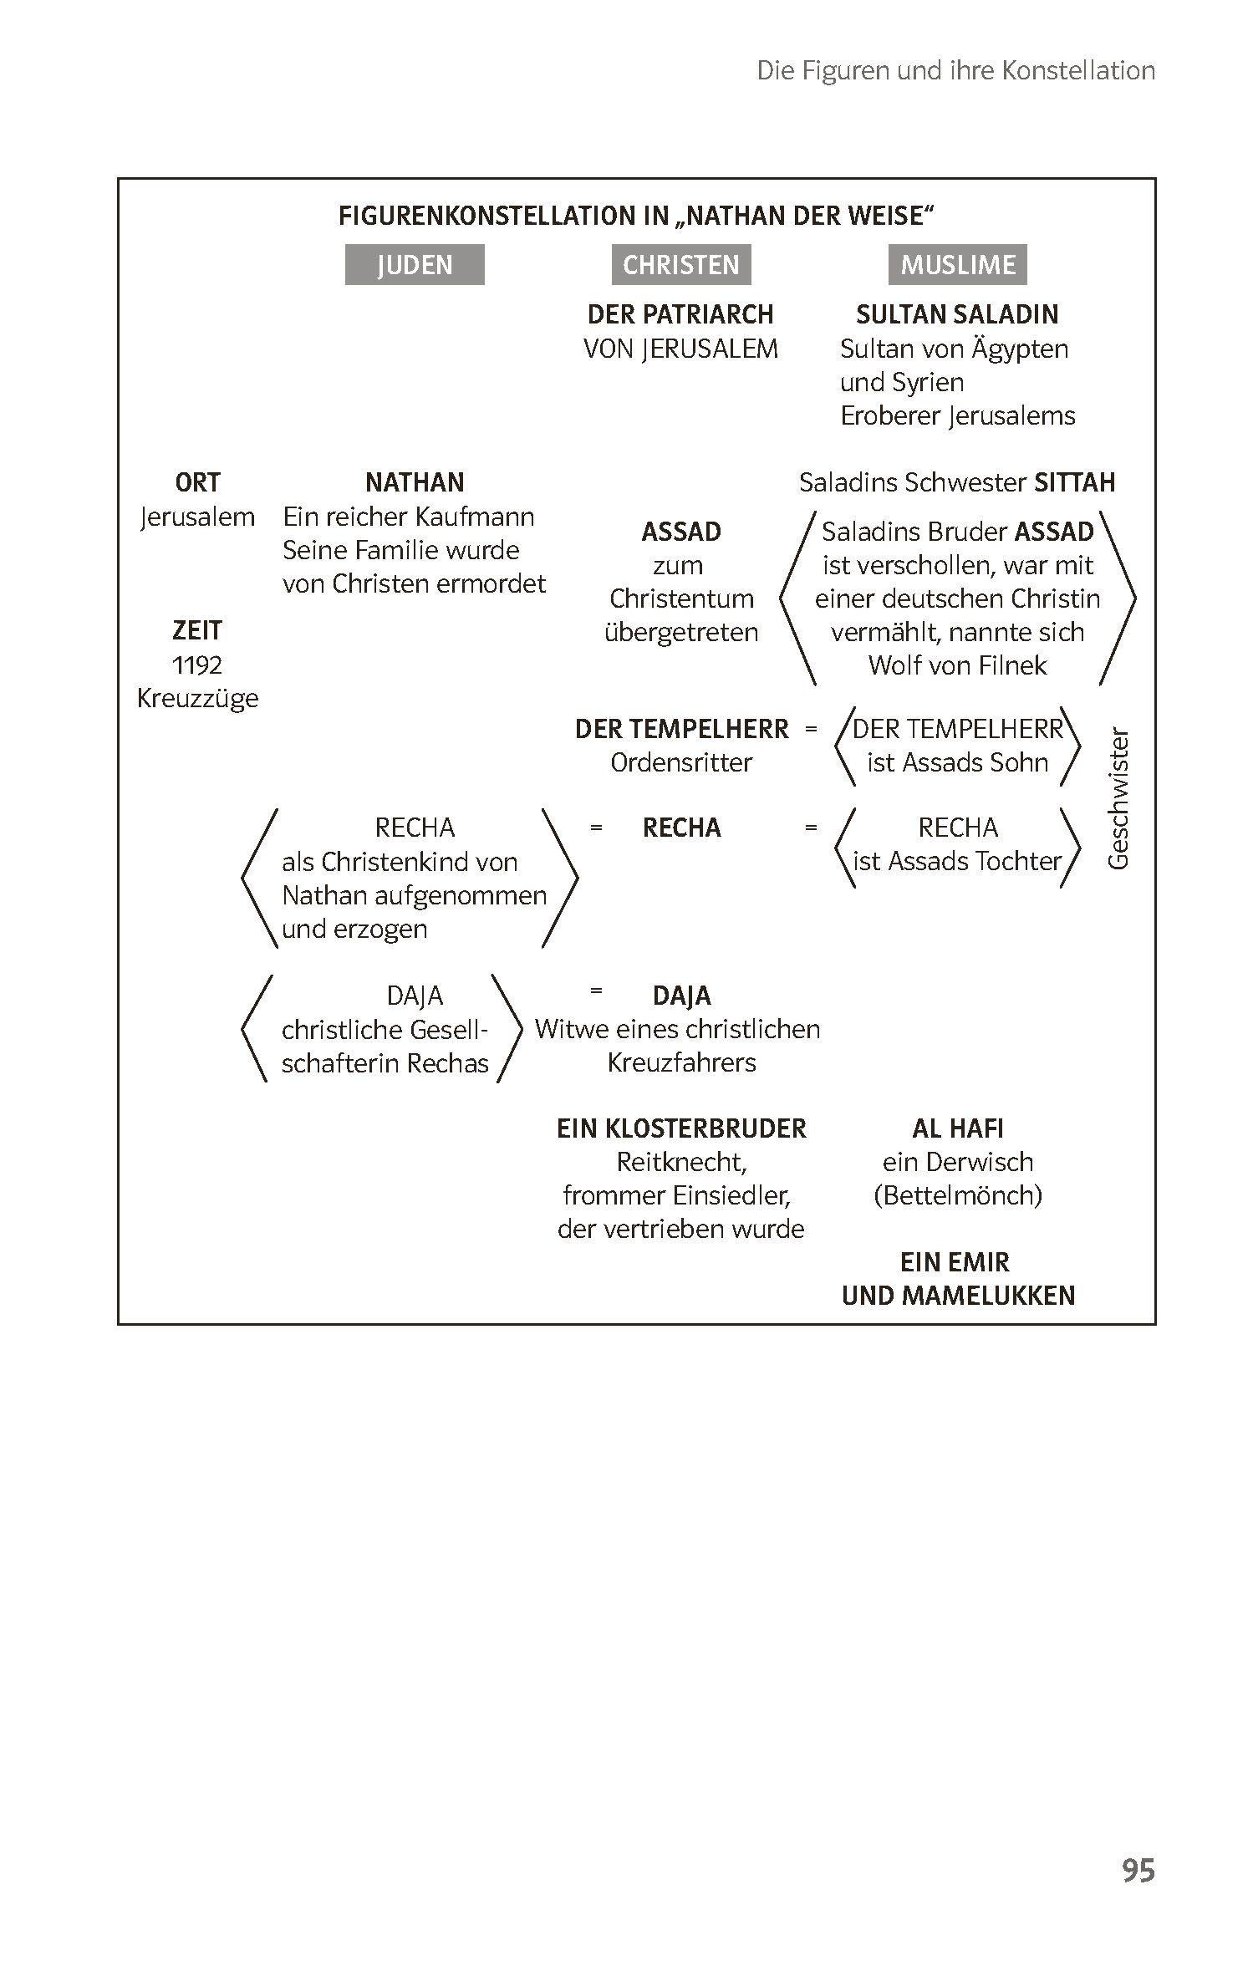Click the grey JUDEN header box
click(x=415, y=265)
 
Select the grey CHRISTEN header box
click(x=680, y=265)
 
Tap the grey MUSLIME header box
click(x=957, y=265)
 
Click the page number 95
click(x=1138, y=1870)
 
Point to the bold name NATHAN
click(x=415, y=482)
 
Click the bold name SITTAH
click(x=1074, y=482)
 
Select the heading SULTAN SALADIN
click(x=957, y=314)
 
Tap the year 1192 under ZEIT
click(x=197, y=665)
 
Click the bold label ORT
click(x=197, y=482)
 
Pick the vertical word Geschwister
click(x=1118, y=798)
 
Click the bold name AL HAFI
click(x=958, y=1128)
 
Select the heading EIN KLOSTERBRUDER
click(x=681, y=1128)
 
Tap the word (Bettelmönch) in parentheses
click(x=958, y=1195)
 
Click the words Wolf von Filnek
click(x=957, y=665)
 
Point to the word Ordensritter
click(x=681, y=762)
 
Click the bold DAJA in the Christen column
click(x=681, y=996)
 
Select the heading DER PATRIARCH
click(x=680, y=314)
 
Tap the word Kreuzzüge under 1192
click(x=197, y=698)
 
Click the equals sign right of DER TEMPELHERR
click(x=810, y=729)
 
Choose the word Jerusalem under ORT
click(x=197, y=517)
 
